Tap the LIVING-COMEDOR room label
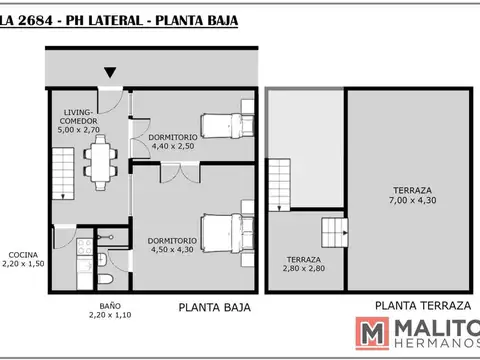pyautogui.click(x=78, y=116)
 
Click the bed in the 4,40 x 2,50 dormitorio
pyautogui.click(x=222, y=123)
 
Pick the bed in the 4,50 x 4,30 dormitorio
pyautogui.click(x=226, y=234)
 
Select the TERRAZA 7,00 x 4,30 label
pyautogui.click(x=412, y=195)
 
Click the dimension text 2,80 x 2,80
pyautogui.click(x=303, y=267)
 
